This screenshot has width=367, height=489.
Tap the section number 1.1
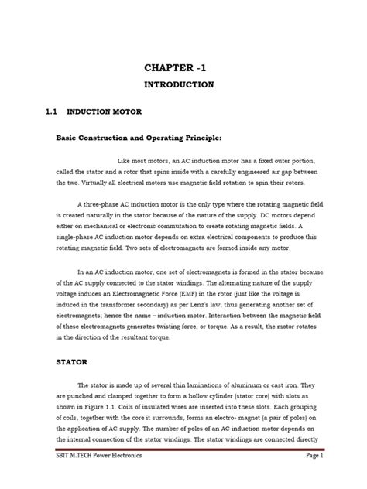click(52, 111)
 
